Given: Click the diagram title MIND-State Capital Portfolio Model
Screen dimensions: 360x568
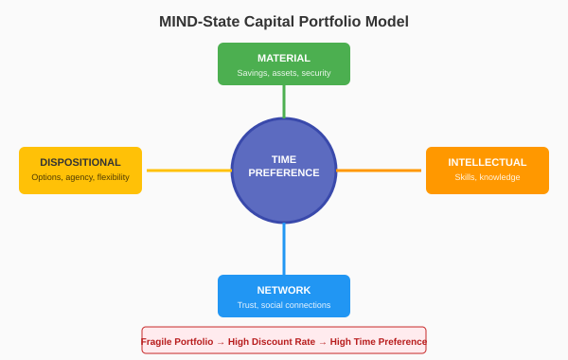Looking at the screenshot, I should [284, 21].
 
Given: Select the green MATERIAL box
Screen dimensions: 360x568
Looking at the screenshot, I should [284, 63].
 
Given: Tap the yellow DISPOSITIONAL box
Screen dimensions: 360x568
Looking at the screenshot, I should [80, 171].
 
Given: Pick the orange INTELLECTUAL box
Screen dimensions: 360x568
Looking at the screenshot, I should [488, 171].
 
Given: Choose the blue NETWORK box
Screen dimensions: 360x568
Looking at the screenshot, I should [284, 296].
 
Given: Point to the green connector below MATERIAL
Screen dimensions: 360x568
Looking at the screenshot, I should [284, 101].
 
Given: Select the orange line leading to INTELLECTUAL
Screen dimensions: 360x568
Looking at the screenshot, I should [380, 171].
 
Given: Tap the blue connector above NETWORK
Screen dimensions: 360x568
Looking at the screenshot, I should [284, 249].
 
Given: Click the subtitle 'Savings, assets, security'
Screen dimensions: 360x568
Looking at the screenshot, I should [284, 73].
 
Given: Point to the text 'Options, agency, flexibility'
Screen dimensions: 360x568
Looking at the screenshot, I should [80, 177].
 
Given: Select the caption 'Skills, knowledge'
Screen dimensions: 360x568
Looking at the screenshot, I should [488, 177].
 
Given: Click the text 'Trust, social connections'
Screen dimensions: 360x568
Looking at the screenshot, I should [284, 305].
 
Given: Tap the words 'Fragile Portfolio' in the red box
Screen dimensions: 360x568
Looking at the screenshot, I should [177, 341].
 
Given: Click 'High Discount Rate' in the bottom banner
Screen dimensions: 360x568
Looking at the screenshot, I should [271, 341].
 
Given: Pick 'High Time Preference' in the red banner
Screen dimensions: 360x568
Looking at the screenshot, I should [378, 341].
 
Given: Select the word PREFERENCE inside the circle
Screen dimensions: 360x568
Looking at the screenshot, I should [284, 173].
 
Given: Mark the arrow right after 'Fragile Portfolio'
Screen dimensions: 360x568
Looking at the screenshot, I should [221, 342].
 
